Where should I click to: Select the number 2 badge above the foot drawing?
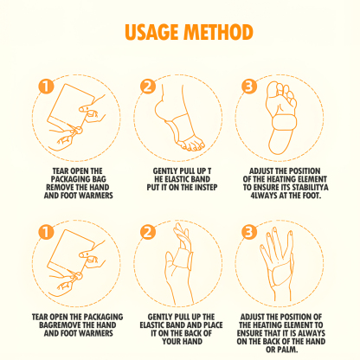coord(147,86)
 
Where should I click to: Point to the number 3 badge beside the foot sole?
coord(249,86)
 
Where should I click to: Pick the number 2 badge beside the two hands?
coord(147,233)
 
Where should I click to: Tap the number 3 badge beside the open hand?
coord(249,233)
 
